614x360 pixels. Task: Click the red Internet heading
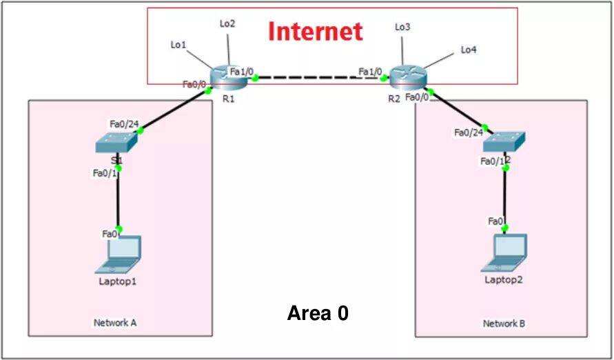pyautogui.click(x=315, y=32)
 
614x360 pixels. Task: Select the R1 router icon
pyautogui.click(x=229, y=77)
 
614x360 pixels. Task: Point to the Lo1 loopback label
pyautogui.click(x=178, y=45)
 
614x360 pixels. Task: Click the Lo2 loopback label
pyautogui.click(x=227, y=23)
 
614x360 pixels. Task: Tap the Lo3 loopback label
pyautogui.click(x=402, y=27)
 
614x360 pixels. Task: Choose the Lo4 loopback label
pyautogui.click(x=469, y=50)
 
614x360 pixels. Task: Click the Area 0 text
pyautogui.click(x=318, y=314)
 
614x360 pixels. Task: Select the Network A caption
pyautogui.click(x=114, y=323)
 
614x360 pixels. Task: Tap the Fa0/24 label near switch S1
pyautogui.click(x=124, y=124)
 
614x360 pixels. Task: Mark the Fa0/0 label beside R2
pyautogui.click(x=417, y=97)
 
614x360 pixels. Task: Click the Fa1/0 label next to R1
pyautogui.click(x=242, y=71)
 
